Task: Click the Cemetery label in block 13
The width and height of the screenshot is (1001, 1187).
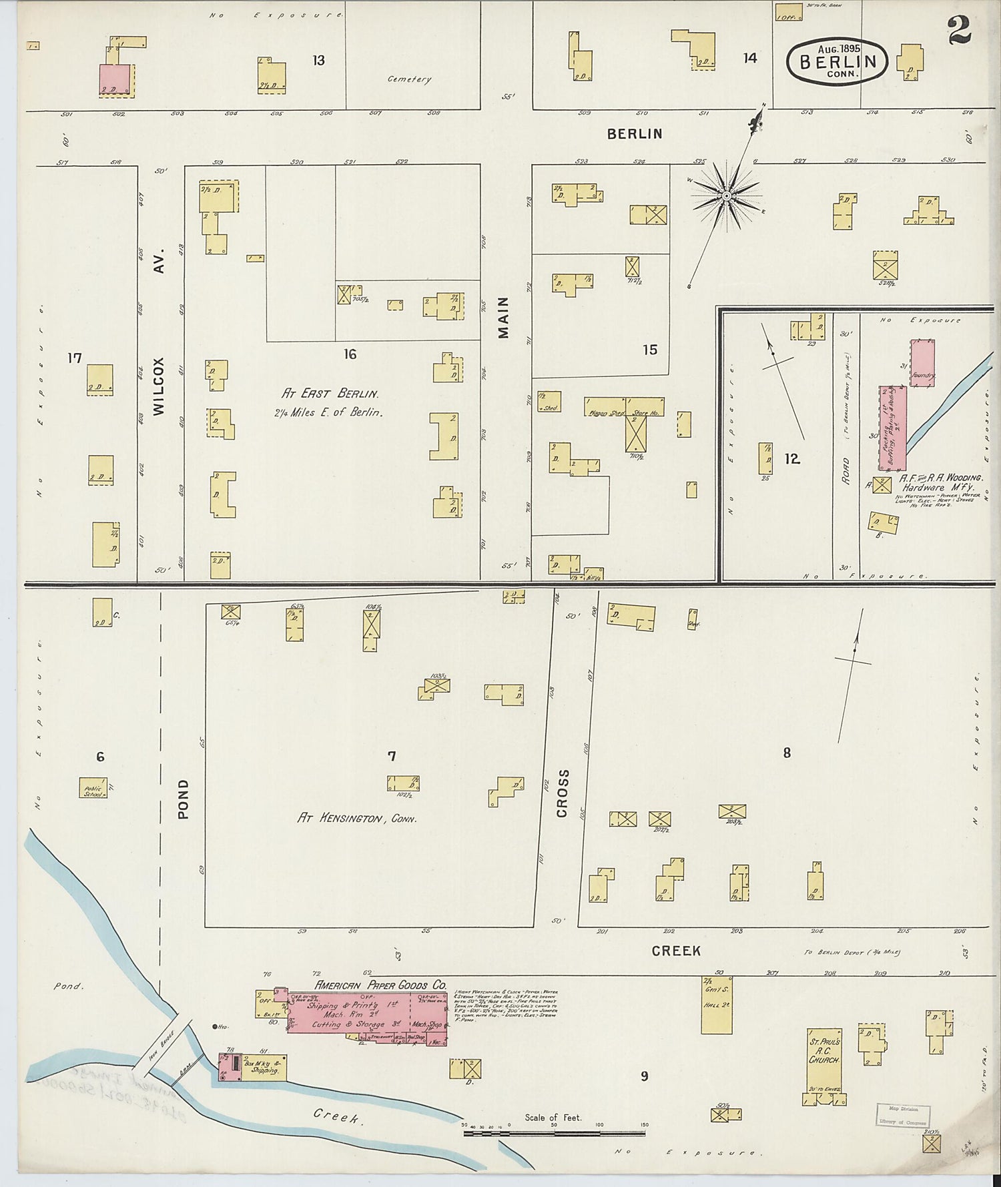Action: pos(410,79)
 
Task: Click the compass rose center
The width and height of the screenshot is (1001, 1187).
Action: pos(726,196)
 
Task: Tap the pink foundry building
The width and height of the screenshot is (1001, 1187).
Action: pos(922,362)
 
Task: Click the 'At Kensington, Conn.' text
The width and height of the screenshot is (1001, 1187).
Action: pos(357,818)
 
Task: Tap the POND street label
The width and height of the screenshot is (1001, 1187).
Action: pos(184,799)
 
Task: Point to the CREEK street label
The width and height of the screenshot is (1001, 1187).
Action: pos(677,950)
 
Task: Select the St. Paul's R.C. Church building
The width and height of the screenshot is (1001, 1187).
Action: pos(823,1061)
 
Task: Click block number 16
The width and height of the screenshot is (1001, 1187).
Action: pos(350,354)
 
